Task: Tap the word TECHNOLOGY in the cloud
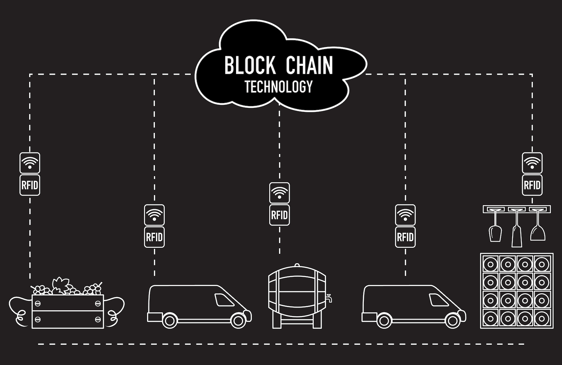click(278, 87)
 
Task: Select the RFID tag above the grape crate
click(30, 185)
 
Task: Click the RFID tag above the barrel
click(279, 215)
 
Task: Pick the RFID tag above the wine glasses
click(532, 185)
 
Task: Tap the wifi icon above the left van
click(154, 215)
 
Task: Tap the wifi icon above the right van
click(405, 215)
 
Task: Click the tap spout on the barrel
click(329, 298)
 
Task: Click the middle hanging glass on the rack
click(516, 230)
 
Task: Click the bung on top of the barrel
click(297, 266)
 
